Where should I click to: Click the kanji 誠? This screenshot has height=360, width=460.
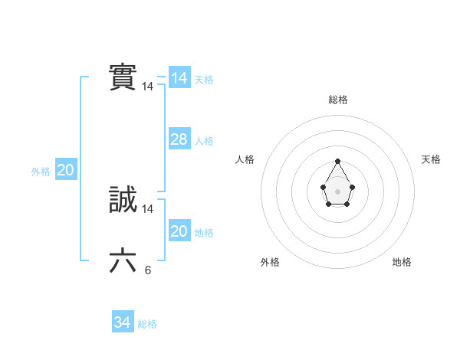[123, 200]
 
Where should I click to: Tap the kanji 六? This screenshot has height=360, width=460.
[123, 261]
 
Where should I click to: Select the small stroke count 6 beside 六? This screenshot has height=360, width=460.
[148, 270]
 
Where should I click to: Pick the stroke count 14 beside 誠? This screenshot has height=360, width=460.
[148, 209]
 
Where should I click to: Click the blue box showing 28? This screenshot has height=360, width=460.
[179, 139]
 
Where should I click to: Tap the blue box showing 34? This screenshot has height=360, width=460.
[122, 322]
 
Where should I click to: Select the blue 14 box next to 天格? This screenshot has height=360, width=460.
[179, 78]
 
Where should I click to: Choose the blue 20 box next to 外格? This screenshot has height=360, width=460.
[65, 170]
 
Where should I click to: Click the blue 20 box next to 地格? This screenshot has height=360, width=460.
[179, 231]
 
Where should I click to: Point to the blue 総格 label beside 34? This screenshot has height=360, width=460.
[147, 324]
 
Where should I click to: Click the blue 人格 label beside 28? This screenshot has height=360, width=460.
[204, 141]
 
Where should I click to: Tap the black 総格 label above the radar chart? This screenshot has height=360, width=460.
[337, 100]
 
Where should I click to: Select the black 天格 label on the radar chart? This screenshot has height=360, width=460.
[431, 159]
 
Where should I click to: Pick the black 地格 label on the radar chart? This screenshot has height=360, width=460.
[402, 262]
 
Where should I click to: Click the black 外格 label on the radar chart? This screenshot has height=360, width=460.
[270, 262]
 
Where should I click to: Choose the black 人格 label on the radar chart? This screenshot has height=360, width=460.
[245, 159]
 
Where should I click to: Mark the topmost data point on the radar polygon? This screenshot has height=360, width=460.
[337, 161]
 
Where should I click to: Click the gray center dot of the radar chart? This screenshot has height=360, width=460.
[337, 191]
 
